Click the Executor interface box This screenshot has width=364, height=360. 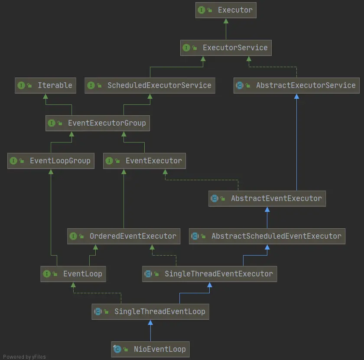click(x=226, y=10)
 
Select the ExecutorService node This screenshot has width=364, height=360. click(x=226, y=48)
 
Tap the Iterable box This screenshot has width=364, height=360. click(x=45, y=85)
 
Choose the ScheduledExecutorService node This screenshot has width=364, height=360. click(x=149, y=85)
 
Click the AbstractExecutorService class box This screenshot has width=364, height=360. click(x=297, y=85)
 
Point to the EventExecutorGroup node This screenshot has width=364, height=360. click(x=97, y=123)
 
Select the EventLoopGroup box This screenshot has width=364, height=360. click(x=51, y=161)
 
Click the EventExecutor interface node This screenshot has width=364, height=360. click(x=145, y=161)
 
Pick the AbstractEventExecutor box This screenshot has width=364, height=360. click(x=267, y=198)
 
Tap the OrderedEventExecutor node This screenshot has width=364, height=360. click(x=123, y=236)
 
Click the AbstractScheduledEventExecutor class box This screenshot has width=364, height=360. click(x=267, y=236)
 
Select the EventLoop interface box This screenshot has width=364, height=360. click(x=73, y=274)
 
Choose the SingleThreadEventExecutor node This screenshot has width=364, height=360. click(x=209, y=274)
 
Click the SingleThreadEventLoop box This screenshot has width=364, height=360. click(x=150, y=311)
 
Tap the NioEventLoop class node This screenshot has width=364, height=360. click(x=150, y=349)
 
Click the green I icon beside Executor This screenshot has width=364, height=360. click(x=201, y=10)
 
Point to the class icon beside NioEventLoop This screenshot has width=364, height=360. click(x=117, y=349)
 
